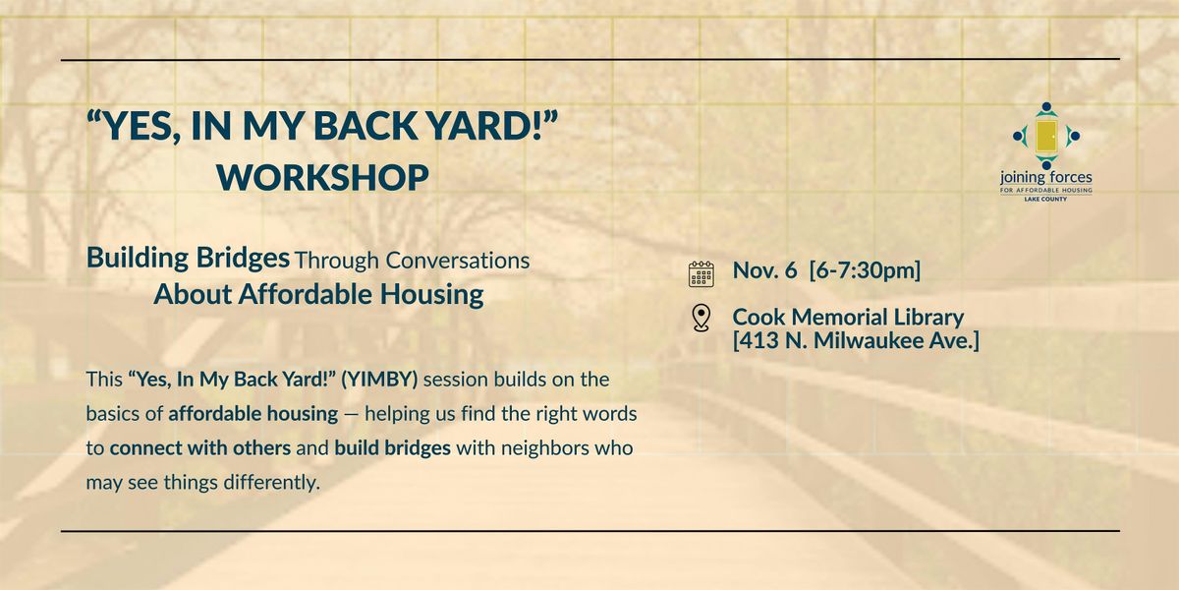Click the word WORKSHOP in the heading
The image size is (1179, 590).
[x=322, y=178]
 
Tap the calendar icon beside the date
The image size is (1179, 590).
[x=701, y=272]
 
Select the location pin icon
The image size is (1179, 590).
[x=701, y=318]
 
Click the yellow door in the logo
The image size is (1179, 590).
[x=1045, y=137]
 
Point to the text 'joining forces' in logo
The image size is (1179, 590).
[x=1045, y=177]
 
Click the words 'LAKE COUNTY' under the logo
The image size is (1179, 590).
[x=1045, y=199]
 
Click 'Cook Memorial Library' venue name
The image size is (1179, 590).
[x=848, y=317]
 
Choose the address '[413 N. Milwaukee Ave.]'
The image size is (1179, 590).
[x=856, y=340]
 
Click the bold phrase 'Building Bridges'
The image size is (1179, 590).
[x=188, y=259]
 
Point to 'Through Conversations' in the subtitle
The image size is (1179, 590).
[x=412, y=261]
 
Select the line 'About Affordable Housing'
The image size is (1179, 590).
[x=318, y=294]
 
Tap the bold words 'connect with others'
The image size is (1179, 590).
[x=199, y=447]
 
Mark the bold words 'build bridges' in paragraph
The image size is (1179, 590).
[x=392, y=447]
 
